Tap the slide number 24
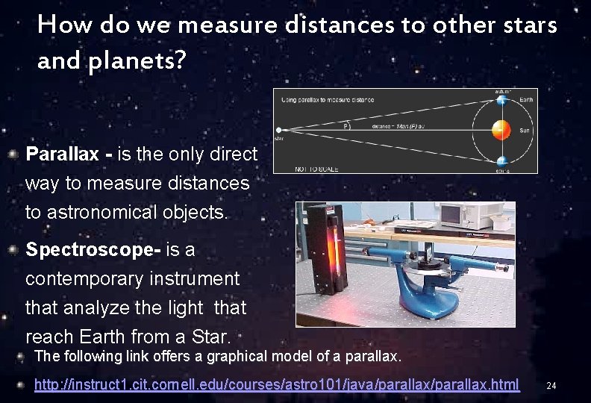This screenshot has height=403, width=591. [x=551, y=386]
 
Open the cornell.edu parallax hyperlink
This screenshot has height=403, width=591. [x=277, y=384]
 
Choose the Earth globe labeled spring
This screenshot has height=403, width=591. [x=501, y=160]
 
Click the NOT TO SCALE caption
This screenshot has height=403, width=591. [x=316, y=169]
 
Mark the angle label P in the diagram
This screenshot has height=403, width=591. [x=346, y=125]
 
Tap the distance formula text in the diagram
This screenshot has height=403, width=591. [x=404, y=125]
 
